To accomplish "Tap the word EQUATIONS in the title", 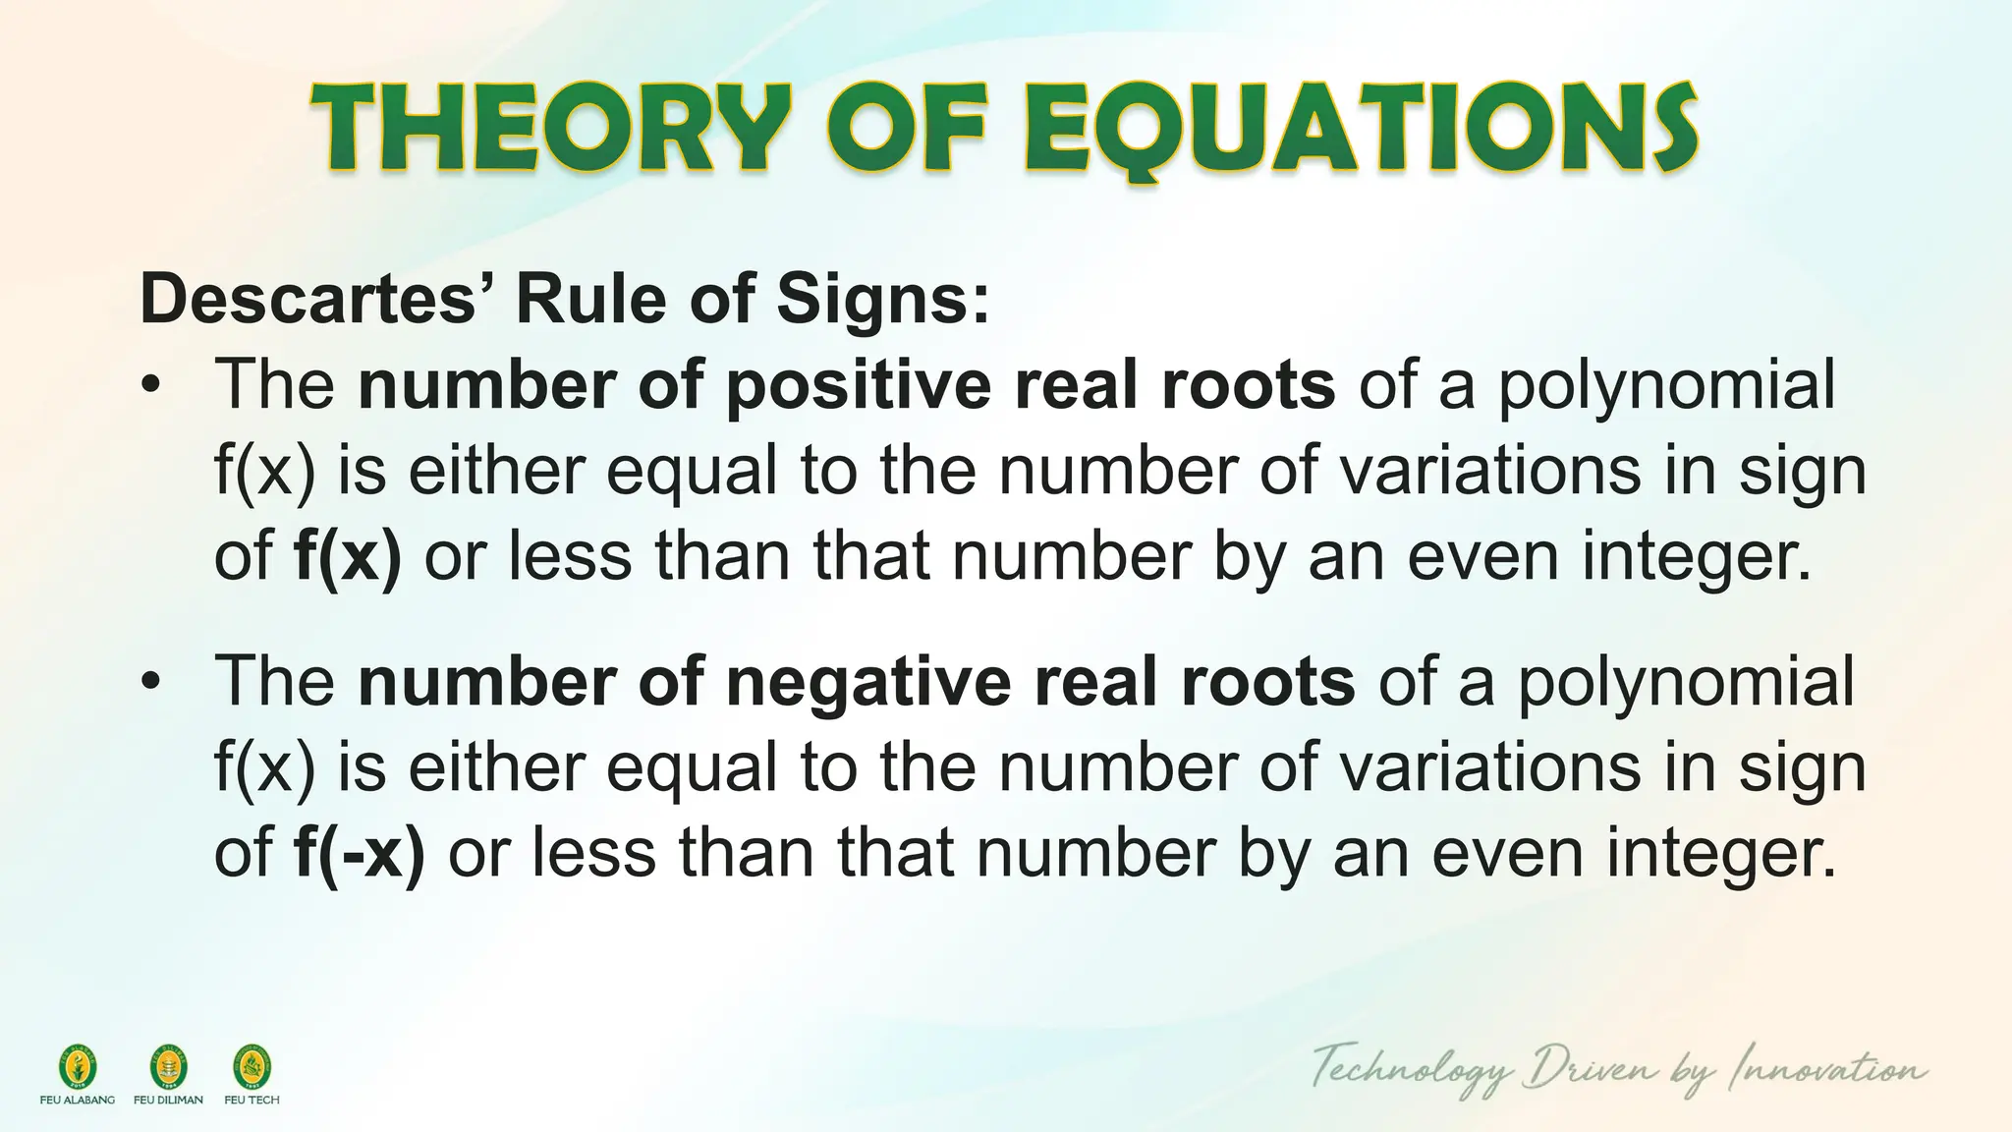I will [1360, 128].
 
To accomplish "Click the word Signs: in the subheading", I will [883, 299].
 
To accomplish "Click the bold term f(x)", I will [348, 556].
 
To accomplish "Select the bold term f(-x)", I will [360, 853].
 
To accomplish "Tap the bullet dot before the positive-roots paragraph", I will [149, 386].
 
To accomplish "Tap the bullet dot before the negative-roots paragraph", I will [149, 682].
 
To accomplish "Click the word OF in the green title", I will [906, 128].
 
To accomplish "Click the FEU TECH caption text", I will [251, 1101].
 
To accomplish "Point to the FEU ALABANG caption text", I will [78, 1101].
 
